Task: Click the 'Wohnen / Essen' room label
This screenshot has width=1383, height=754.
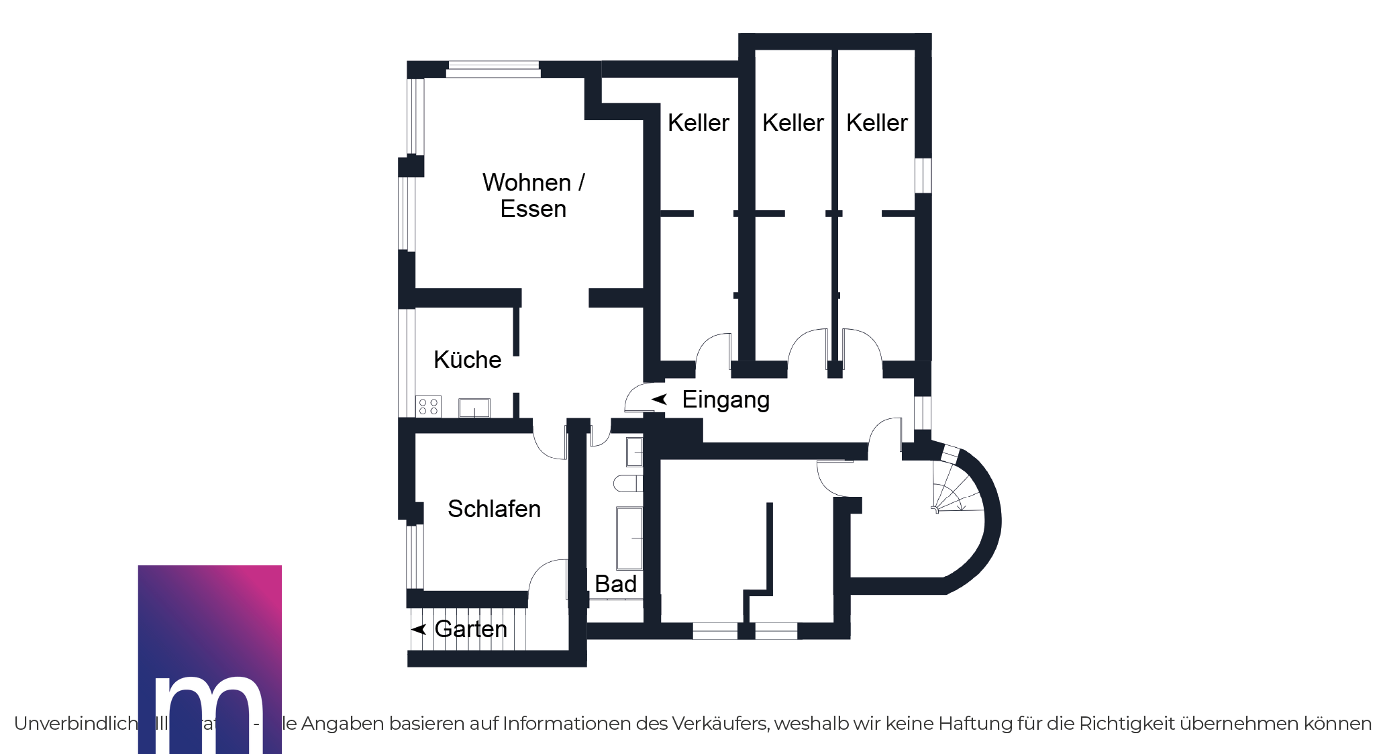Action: (533, 195)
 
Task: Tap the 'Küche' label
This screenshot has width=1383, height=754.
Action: (467, 360)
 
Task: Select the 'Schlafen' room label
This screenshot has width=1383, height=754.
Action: (494, 509)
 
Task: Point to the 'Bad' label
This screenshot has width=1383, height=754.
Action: (615, 584)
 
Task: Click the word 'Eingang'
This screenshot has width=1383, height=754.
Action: (725, 399)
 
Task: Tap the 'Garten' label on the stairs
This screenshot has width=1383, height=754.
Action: (470, 629)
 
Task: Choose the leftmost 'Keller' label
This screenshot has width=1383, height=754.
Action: (698, 123)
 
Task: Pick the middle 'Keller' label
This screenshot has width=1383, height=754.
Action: (792, 123)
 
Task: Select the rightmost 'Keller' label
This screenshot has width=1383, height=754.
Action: (876, 123)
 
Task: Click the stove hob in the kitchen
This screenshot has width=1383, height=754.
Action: (428, 406)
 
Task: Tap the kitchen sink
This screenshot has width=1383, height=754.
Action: (474, 408)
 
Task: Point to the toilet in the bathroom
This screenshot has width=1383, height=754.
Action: (627, 483)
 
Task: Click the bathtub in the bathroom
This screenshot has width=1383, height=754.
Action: (629, 538)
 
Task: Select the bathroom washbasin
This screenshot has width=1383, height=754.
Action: (634, 452)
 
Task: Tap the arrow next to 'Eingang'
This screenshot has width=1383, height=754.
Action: (659, 399)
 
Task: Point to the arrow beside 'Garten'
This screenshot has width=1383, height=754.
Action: (419, 629)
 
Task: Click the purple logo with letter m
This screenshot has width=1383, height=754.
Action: (209, 659)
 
